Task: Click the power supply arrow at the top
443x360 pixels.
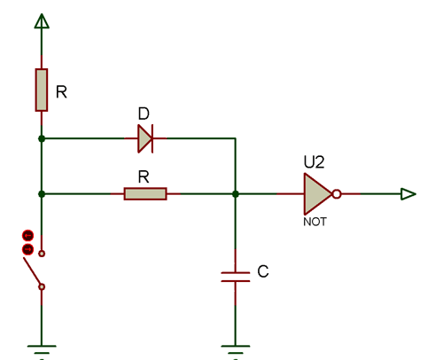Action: tap(41, 19)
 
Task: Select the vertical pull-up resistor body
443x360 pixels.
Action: tap(42, 90)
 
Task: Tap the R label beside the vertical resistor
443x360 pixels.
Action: tap(61, 90)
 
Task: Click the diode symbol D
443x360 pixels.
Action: tap(145, 138)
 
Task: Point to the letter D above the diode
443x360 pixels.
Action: tap(144, 115)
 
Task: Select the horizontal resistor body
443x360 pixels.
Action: tap(144, 193)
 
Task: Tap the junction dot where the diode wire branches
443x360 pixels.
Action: tap(42, 138)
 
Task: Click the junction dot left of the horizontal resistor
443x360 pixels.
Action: tap(42, 193)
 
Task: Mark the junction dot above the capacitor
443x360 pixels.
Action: tap(235, 193)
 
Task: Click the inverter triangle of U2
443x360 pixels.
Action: tap(316, 193)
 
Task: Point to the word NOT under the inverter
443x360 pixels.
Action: tap(315, 223)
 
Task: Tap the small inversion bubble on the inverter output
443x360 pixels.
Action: tap(337, 193)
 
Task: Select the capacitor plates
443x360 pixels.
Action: tap(235, 275)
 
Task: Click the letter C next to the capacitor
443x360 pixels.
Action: tap(261, 270)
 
